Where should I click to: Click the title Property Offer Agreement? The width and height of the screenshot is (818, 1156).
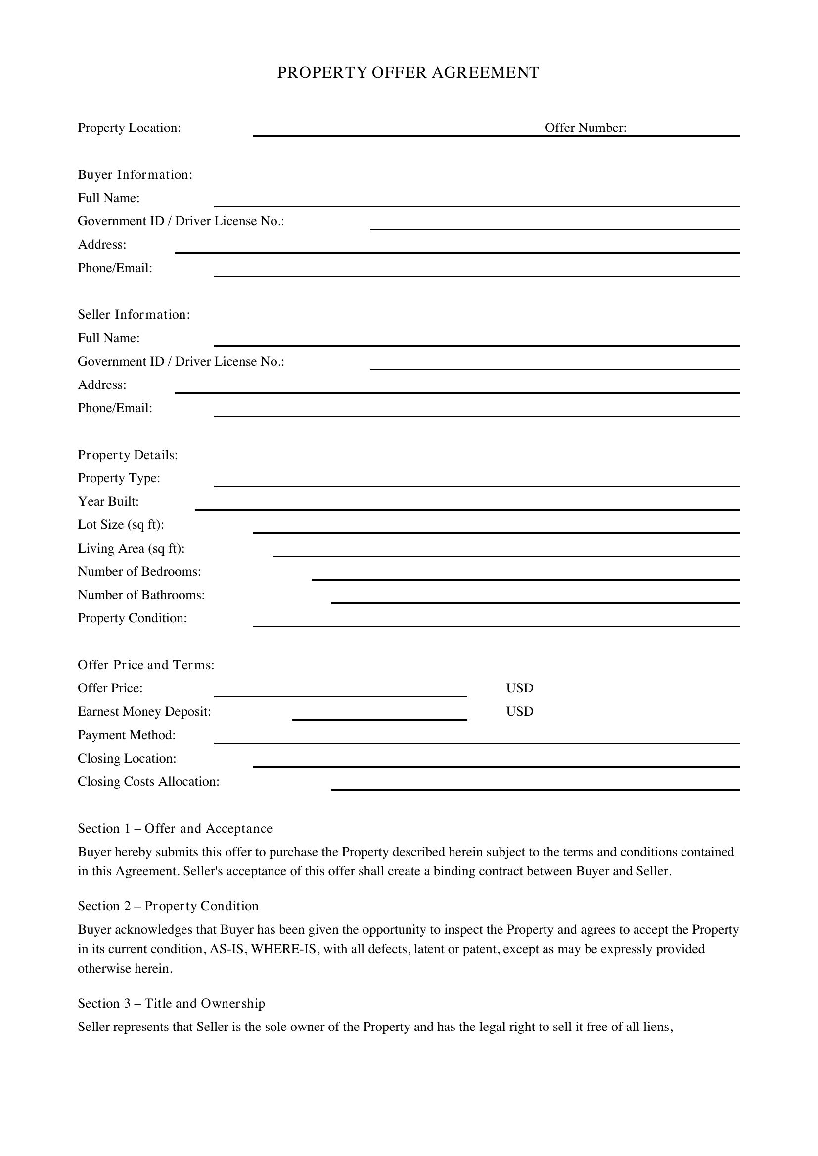tap(408, 73)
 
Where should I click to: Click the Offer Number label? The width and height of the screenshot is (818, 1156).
tap(585, 128)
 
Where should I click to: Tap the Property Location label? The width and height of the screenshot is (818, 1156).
tap(129, 128)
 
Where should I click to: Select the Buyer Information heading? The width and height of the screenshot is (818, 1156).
tap(135, 174)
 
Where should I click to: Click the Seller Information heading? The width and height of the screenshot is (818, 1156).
tap(134, 315)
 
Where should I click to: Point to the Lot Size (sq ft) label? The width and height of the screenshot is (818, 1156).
tap(121, 525)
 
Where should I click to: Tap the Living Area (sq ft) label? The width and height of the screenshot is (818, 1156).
tap(131, 548)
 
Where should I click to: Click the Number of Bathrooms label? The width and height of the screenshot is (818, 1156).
tap(141, 595)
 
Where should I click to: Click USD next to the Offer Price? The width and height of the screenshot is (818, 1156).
tap(519, 688)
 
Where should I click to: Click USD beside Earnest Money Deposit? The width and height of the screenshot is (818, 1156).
tap(519, 711)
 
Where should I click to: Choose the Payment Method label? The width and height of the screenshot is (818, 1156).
tap(127, 735)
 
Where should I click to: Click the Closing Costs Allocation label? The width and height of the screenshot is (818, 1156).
tap(148, 782)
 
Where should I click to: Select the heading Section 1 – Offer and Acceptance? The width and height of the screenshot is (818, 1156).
tap(175, 829)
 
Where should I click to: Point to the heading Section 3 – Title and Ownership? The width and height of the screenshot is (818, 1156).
tap(171, 1003)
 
